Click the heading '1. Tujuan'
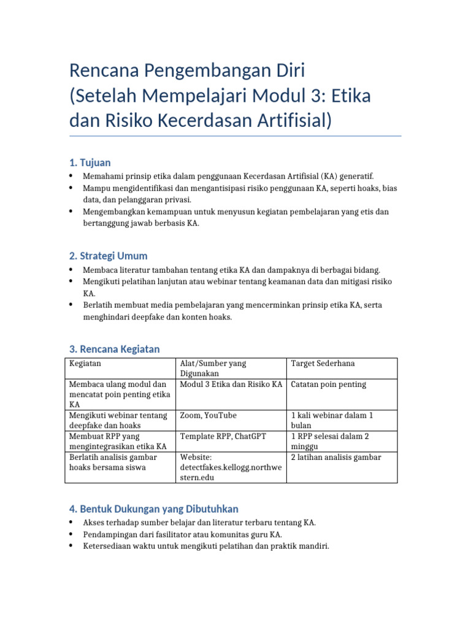tap(90, 163)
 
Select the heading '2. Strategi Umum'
tap(109, 256)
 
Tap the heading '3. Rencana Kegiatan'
tap(115, 349)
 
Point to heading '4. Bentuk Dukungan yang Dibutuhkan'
tap(154, 509)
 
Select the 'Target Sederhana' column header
tap(323, 364)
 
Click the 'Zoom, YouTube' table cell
tap(209, 416)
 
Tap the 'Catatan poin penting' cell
tap(328, 385)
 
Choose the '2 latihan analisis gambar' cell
tap(335, 458)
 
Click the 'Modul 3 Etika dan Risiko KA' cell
tap(231, 385)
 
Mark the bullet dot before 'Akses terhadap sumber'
tap(71, 523)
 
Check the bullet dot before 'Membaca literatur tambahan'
tap(71, 270)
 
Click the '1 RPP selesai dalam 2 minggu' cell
tap(330, 442)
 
